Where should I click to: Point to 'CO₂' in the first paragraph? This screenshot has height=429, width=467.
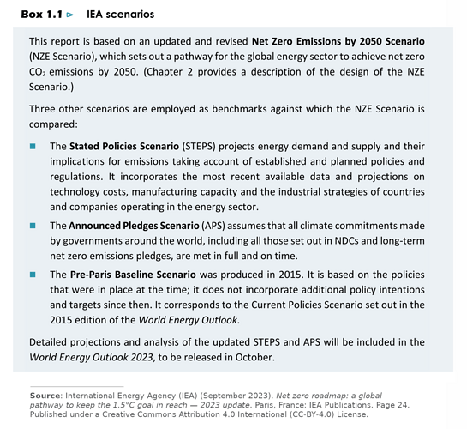pos(39,72)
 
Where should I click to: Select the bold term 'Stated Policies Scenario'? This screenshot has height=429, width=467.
pos(129,147)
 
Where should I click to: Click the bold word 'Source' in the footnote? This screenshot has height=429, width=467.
pos(46,395)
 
